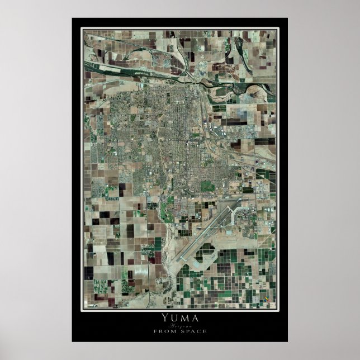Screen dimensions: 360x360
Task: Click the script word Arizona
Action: click(180, 325)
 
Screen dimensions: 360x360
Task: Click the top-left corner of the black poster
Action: click(73, 18)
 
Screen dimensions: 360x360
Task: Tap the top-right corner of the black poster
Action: click(287, 18)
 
